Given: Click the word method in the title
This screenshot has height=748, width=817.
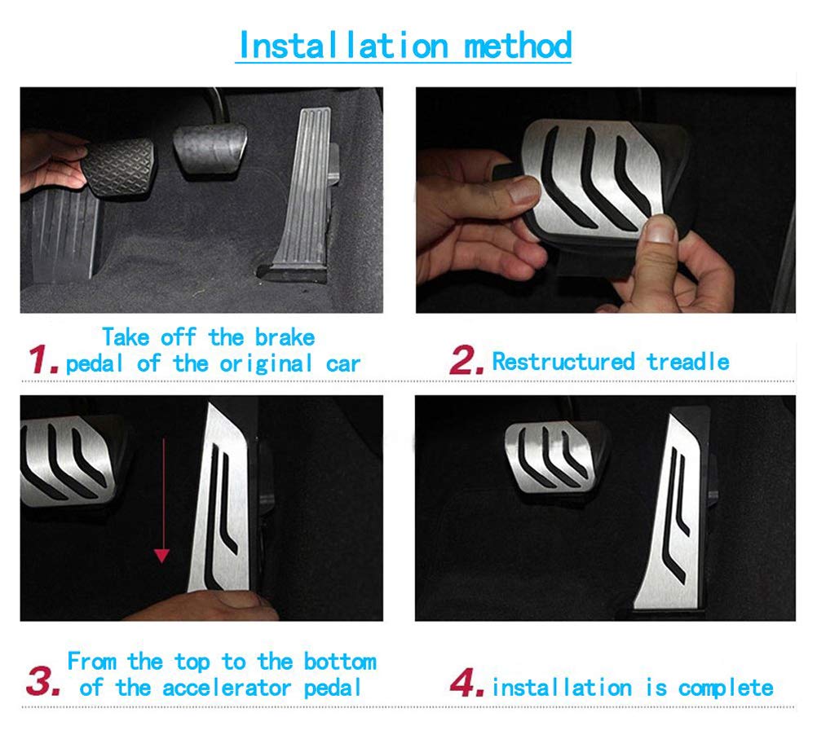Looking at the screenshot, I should (517, 46).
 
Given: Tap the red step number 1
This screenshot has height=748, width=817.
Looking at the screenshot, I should (42, 359).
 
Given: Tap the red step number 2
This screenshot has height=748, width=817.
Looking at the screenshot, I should (467, 361).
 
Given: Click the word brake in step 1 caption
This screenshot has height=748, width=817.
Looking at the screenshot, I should (285, 337).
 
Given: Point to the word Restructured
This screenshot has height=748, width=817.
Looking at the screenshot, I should (563, 361).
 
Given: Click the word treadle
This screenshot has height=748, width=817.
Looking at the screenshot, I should (688, 361).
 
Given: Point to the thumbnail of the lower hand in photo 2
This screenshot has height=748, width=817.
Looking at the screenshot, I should (663, 230).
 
